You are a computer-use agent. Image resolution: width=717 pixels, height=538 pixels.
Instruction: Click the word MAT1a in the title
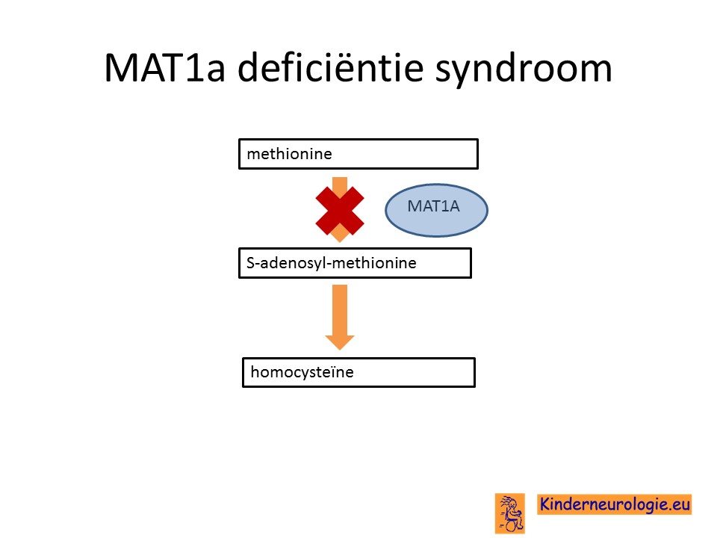(x=164, y=68)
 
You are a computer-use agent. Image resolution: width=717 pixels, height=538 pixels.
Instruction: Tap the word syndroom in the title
(x=524, y=69)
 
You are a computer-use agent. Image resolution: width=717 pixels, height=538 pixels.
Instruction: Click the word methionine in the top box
(x=290, y=154)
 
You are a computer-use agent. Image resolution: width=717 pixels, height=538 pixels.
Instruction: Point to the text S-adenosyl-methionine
(x=332, y=263)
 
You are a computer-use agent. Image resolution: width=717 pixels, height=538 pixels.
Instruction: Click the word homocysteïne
(x=302, y=372)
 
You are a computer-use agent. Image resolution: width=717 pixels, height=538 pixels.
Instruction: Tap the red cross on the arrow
(x=340, y=211)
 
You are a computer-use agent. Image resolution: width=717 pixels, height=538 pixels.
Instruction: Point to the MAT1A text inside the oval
(x=433, y=206)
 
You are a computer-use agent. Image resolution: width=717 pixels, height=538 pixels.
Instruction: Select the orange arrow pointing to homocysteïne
(x=340, y=317)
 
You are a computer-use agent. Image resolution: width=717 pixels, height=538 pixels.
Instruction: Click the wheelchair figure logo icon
(x=510, y=513)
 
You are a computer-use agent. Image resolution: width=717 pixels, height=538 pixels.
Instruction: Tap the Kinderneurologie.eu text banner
(x=615, y=504)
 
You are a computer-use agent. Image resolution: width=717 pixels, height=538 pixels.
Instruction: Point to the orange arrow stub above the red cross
(x=340, y=182)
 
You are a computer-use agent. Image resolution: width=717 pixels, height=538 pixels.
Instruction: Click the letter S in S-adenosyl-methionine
(x=251, y=263)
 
